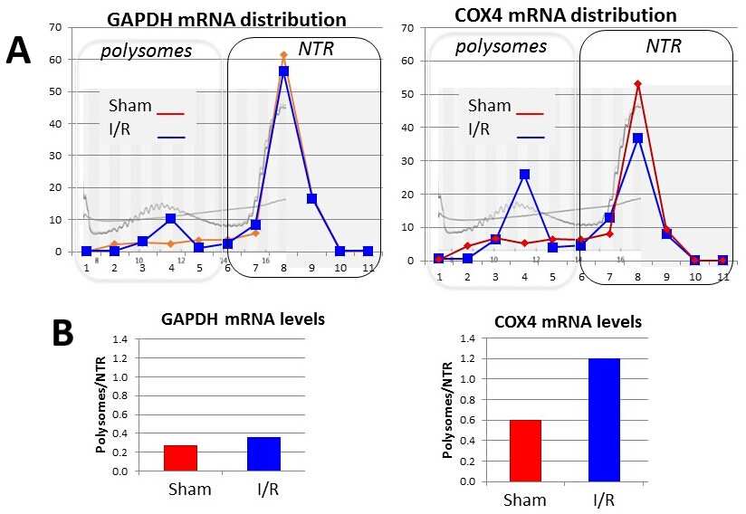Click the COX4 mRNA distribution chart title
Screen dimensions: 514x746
[579, 15]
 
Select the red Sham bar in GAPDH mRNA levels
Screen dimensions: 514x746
[180, 458]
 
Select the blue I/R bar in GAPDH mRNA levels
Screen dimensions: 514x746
[263, 454]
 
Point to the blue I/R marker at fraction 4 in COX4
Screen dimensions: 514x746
[524, 174]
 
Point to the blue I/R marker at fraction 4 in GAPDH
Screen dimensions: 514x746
[170, 218]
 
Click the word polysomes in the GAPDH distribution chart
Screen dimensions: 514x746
[146, 50]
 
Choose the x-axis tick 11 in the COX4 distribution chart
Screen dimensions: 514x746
[723, 275]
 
